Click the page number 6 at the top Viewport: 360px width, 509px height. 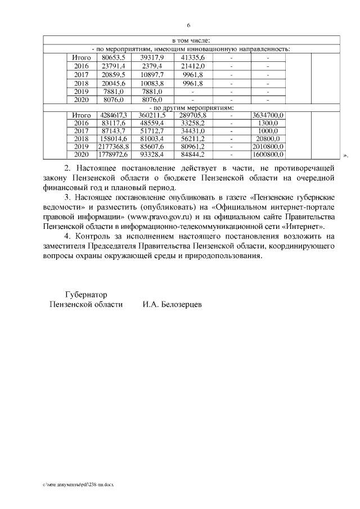188,26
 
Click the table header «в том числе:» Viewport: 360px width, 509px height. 191,41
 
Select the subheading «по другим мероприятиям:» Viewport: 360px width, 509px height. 191,107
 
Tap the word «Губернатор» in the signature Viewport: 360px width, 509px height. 86,294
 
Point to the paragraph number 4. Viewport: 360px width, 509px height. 67,237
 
